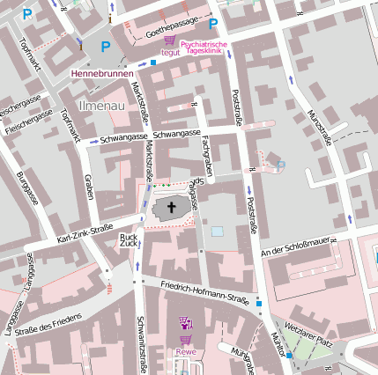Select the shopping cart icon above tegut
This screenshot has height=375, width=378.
point(169,40)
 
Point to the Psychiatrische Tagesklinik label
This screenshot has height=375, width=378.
point(204,48)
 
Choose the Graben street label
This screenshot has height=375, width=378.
point(88,187)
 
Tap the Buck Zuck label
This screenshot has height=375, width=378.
point(129,241)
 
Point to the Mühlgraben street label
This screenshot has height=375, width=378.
point(242,360)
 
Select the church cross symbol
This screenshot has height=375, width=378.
point(170,209)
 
